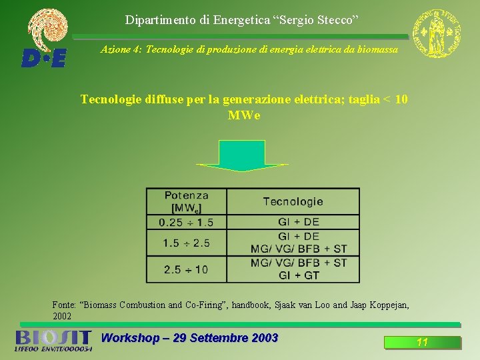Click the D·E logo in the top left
(x=45, y=57)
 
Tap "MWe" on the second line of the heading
(x=244, y=115)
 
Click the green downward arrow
(x=242, y=156)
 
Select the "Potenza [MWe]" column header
(x=187, y=202)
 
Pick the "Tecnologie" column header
(x=293, y=201)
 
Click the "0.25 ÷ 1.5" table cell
(x=187, y=222)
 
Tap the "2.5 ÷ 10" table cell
(x=186, y=269)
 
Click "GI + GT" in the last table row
(x=299, y=275)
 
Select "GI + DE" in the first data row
(x=299, y=222)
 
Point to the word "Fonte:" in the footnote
(x=65, y=305)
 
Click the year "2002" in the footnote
(x=62, y=316)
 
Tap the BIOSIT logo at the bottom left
(x=53, y=340)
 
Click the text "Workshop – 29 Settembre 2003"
(x=189, y=338)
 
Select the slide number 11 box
(x=422, y=343)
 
